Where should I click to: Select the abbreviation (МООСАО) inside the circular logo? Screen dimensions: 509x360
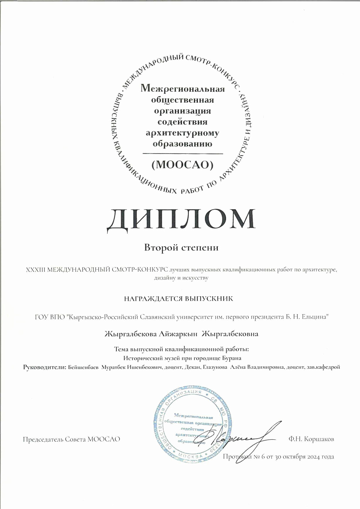pos(182,164)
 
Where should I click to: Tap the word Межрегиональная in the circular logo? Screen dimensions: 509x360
pos(182,88)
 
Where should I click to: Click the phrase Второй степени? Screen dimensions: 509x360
pos(181,248)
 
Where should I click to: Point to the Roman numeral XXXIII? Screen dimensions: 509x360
pos(35,270)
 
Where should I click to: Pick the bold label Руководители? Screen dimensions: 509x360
pos(45,367)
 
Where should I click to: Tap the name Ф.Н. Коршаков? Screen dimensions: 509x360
pos(312,439)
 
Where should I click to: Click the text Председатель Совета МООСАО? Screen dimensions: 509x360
pos(71,439)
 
